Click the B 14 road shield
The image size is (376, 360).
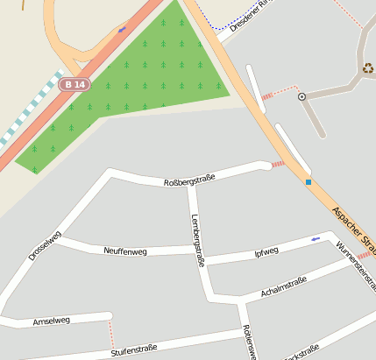[x=74, y=84]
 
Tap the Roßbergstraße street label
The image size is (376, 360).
[x=189, y=179]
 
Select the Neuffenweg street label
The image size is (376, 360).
[x=125, y=251]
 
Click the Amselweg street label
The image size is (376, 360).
[x=51, y=321]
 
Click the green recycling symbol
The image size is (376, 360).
[x=367, y=67]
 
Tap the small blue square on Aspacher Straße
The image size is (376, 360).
[x=309, y=182]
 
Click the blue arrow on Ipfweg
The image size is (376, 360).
[x=316, y=238]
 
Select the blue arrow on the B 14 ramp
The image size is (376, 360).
[x=121, y=29]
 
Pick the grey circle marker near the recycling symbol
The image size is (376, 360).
[x=302, y=96]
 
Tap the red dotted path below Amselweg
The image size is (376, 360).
[x=111, y=335]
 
